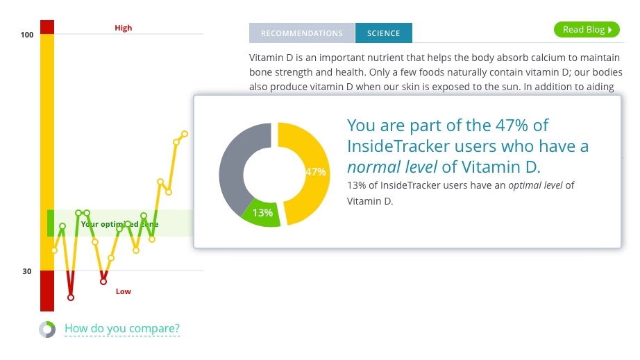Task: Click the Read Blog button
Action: pyautogui.click(x=587, y=29)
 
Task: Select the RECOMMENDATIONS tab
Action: pyautogui.click(x=302, y=33)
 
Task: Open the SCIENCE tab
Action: pyautogui.click(x=383, y=33)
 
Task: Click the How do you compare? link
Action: pyautogui.click(x=122, y=328)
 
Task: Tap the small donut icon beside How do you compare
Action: pyautogui.click(x=47, y=329)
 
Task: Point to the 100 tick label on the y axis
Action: pyautogui.click(x=27, y=35)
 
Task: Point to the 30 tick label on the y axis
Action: pyautogui.click(x=27, y=271)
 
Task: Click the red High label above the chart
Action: pyautogui.click(x=123, y=28)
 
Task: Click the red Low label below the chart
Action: pyautogui.click(x=123, y=291)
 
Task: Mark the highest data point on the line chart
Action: pyautogui.click(x=185, y=134)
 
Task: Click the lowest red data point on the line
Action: pyautogui.click(x=71, y=298)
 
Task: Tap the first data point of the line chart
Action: pyautogui.click(x=54, y=250)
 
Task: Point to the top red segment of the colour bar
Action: pyautogui.click(x=47, y=27)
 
